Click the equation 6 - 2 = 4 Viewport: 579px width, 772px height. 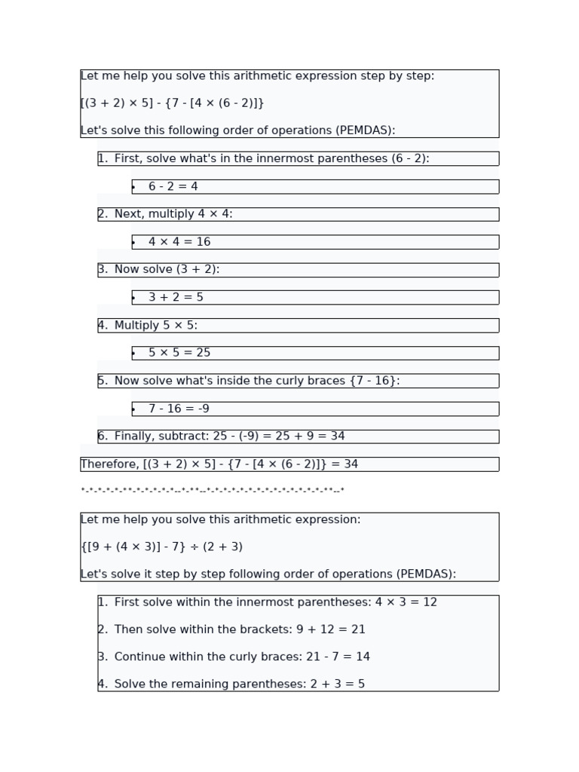(x=173, y=187)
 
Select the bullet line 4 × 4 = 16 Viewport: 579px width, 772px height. (x=179, y=242)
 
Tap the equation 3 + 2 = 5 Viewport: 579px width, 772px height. (x=176, y=298)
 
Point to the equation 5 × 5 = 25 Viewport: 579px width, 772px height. (x=179, y=353)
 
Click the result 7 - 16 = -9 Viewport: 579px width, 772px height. (x=179, y=409)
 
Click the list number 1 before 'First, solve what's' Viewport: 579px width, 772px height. (x=102, y=159)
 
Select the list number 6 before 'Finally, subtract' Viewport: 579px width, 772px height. (x=102, y=437)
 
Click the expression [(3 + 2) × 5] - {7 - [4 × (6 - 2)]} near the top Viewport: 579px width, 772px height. (x=172, y=103)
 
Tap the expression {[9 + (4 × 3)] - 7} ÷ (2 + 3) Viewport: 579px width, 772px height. (x=161, y=547)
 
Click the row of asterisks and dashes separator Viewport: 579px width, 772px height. (x=212, y=492)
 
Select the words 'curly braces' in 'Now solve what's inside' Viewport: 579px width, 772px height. (x=308, y=381)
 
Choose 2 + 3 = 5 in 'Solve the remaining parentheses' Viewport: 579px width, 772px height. (x=337, y=685)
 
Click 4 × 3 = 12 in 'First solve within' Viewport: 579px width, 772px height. (x=406, y=603)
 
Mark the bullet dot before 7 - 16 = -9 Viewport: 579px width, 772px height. (x=133, y=409)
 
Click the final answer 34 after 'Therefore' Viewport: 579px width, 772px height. (x=351, y=464)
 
